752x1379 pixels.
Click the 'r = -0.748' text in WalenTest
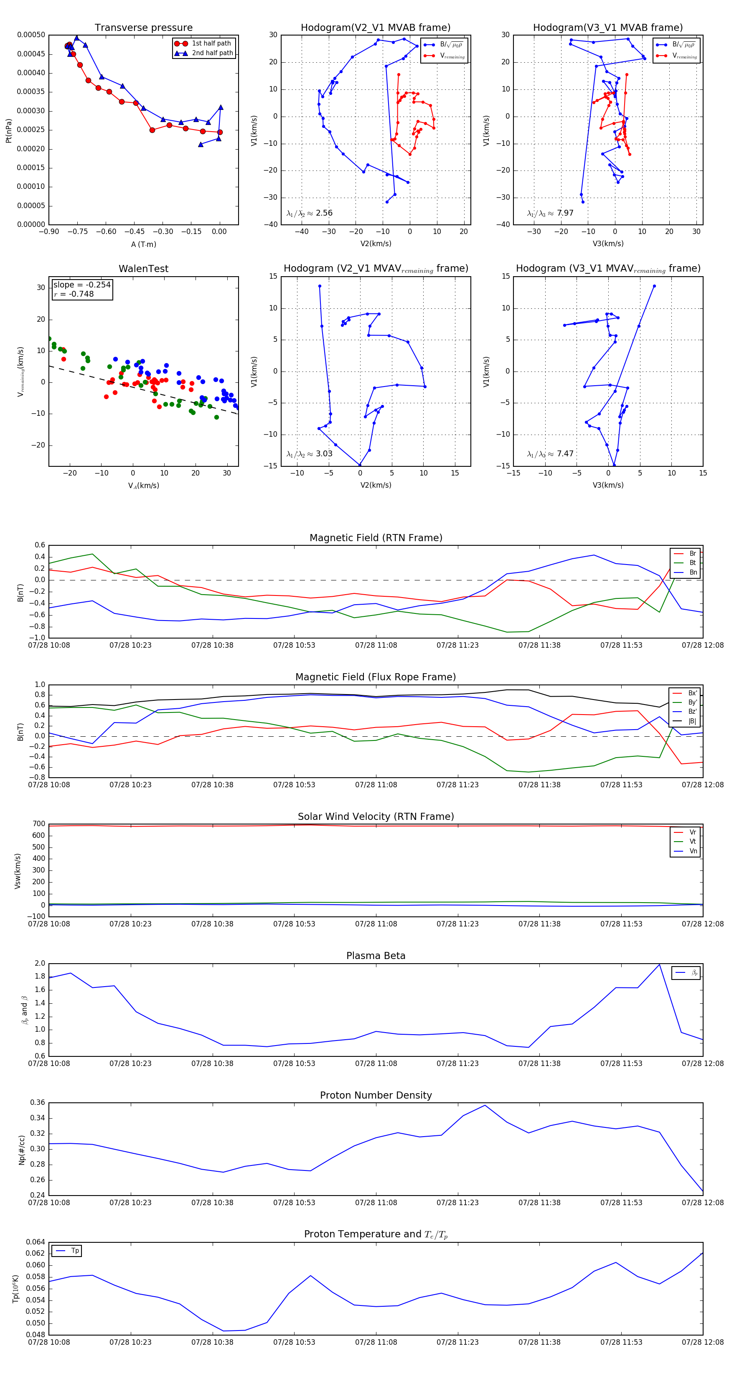click(74, 294)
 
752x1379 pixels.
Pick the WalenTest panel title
click(143, 269)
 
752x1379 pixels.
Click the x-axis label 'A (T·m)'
click(143, 244)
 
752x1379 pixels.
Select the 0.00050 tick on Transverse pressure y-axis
click(31, 35)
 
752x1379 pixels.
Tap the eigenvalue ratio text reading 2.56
click(309, 213)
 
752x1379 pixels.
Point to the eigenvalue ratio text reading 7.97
click(550, 213)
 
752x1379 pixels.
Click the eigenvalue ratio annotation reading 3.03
click(309, 454)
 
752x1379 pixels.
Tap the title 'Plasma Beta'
click(376, 956)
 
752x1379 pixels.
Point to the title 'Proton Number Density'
click(376, 1095)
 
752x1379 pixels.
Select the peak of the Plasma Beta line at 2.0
click(659, 964)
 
